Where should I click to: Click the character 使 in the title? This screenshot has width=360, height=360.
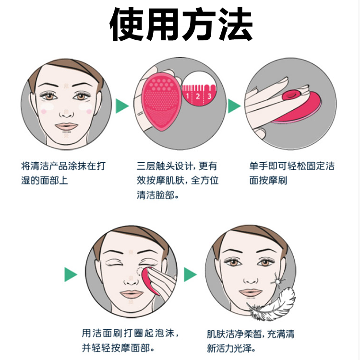(x=127, y=24)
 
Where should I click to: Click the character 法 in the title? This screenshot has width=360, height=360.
(x=236, y=24)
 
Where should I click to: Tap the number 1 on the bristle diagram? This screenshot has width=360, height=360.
(x=188, y=96)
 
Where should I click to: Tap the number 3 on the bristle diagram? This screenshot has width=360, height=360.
(x=209, y=96)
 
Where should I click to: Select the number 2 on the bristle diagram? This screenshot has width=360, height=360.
(x=198, y=96)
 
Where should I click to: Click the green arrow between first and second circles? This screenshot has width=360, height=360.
(x=122, y=106)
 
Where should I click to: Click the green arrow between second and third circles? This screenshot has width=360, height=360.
(x=234, y=106)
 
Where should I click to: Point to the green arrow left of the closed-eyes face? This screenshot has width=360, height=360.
(x=71, y=275)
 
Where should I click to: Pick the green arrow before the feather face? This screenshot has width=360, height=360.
(x=191, y=275)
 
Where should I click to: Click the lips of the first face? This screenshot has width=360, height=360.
(x=66, y=127)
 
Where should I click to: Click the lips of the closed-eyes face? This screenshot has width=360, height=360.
(x=131, y=294)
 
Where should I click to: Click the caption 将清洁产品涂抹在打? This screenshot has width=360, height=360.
(x=63, y=166)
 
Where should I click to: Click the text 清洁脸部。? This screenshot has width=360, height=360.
(x=157, y=195)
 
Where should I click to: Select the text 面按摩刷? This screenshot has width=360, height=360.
(x=268, y=180)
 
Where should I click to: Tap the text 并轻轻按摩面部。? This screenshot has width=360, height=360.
(x=118, y=348)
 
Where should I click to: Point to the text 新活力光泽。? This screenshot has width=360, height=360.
(x=231, y=348)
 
